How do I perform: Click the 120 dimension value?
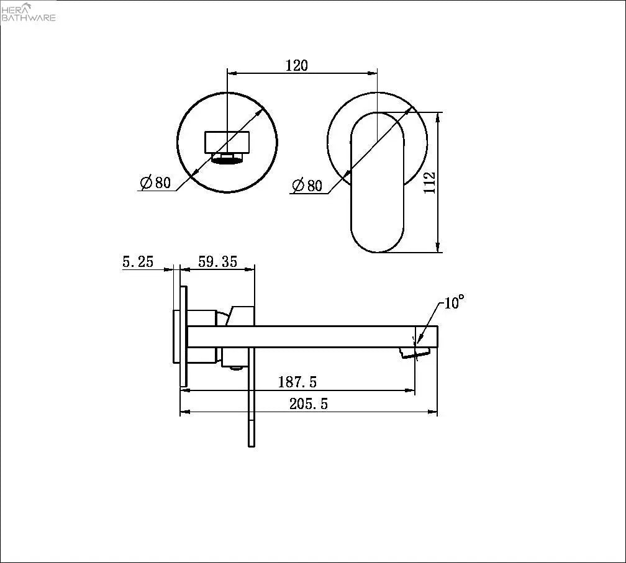pos(297,65)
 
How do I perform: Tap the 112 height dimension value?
pos(430,182)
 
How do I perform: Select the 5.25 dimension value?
pos(138,262)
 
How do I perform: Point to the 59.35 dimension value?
pos(217,262)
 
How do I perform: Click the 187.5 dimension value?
pos(297,382)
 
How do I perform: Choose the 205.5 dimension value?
pos(308,404)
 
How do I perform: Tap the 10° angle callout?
pos(454,302)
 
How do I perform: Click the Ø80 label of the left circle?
pos(155,182)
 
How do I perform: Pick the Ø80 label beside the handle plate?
pos(307,185)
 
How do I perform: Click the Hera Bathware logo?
pos(28,12)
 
